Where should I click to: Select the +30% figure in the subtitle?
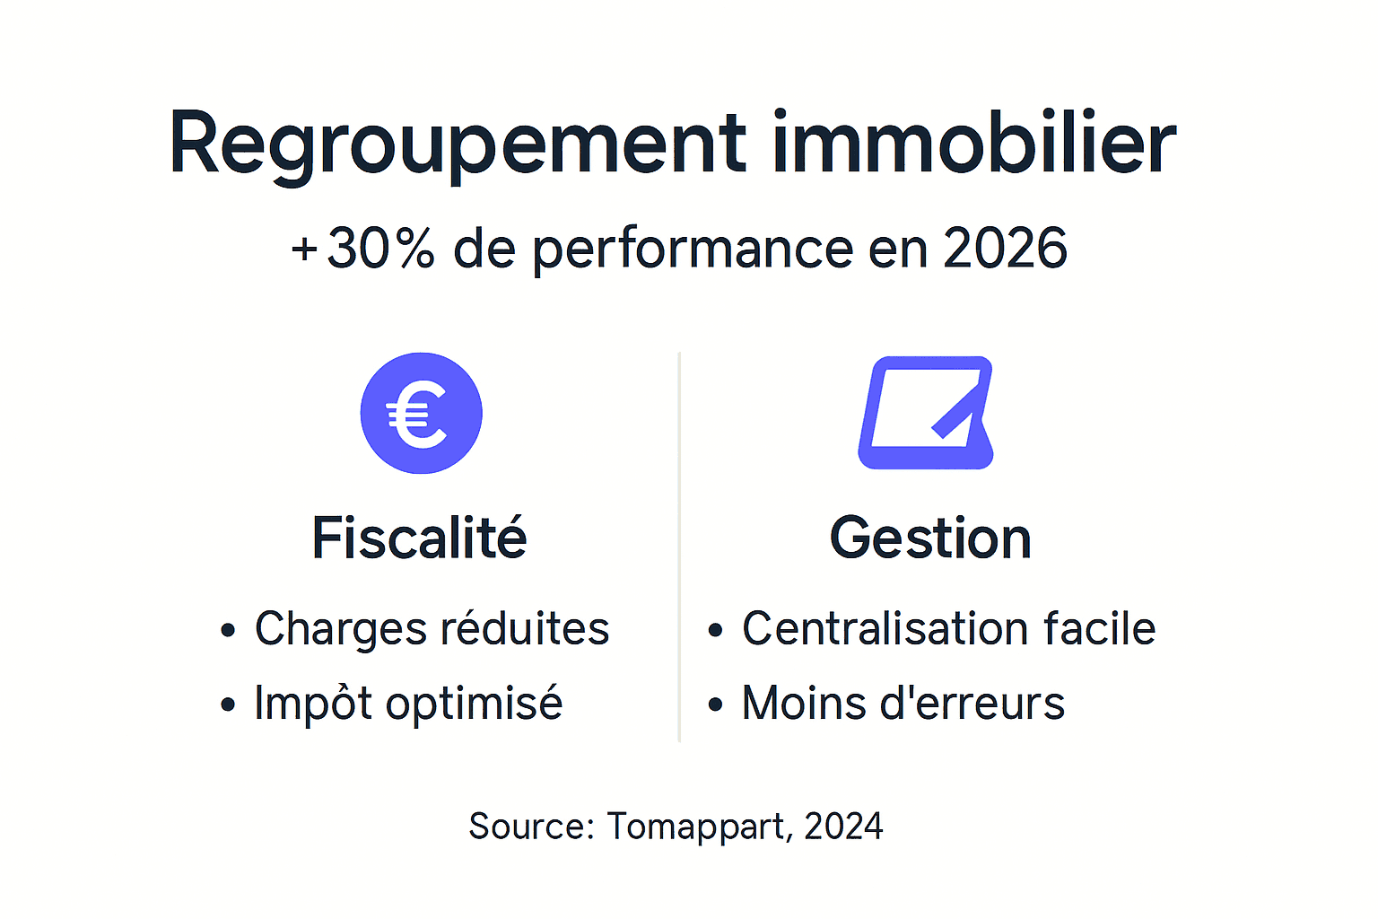[362, 249]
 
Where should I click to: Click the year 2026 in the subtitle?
[1005, 249]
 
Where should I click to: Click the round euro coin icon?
[421, 413]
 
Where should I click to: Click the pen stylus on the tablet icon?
[956, 409]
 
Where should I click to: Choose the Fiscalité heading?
[419, 538]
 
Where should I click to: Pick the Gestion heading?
[930, 538]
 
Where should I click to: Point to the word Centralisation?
[885, 628]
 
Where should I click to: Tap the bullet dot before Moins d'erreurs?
[715, 705]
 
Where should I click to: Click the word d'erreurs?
[972, 703]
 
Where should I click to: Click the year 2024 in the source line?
[843, 827]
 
